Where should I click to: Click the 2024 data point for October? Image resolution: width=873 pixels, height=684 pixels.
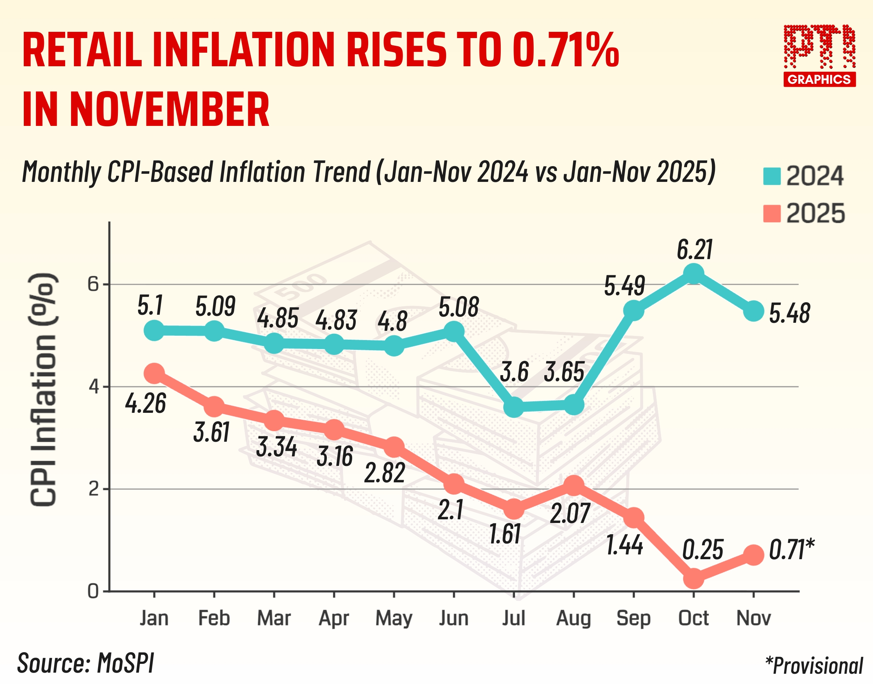(694, 274)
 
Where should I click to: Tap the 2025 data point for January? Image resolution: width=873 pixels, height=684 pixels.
(154, 373)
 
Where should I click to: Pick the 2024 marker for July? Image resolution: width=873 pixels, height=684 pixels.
(514, 407)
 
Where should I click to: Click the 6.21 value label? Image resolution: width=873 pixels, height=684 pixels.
(694, 250)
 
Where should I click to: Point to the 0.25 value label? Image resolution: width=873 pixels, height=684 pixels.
(702, 549)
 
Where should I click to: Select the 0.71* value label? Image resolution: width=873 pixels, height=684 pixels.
(791, 549)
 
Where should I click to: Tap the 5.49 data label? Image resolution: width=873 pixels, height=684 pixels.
(624, 286)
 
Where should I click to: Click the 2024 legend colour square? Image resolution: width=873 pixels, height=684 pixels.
(772, 176)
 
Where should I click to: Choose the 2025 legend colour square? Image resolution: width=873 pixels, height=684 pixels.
(772, 213)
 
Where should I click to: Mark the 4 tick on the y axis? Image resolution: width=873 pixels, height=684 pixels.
(93, 387)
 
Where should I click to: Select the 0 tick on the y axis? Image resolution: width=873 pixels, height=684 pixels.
(93, 591)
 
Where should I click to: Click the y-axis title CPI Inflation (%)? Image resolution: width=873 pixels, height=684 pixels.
(43, 389)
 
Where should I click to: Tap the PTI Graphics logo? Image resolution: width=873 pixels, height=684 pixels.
(819, 55)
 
